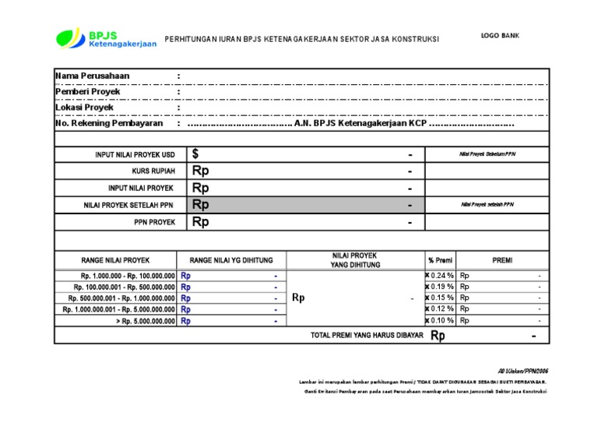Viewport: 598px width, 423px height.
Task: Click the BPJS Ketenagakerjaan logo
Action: pyautogui.click(x=106, y=37)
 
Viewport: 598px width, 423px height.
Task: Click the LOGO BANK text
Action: pyautogui.click(x=500, y=36)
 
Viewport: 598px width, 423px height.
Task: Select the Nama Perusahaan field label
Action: pyautogui.click(x=93, y=76)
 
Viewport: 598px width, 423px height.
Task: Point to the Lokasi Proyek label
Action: pyautogui.click(x=85, y=108)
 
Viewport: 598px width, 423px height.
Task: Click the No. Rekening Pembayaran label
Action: pyautogui.click(x=109, y=123)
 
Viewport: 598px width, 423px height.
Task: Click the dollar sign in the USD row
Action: pyautogui.click(x=196, y=155)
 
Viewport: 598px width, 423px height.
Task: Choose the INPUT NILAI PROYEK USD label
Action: pyautogui.click(x=135, y=155)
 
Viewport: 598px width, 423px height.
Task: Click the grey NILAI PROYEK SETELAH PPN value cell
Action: pyautogui.click(x=304, y=205)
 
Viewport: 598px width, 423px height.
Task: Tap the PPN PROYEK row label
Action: pyautogui.click(x=155, y=222)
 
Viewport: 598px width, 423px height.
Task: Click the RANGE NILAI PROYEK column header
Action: pyautogui.click(x=115, y=260)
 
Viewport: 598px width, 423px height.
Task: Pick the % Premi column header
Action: pyautogui.click(x=440, y=260)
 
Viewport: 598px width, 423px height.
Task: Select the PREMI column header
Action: pyautogui.click(x=502, y=260)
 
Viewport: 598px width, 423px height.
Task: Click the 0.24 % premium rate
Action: pyautogui.click(x=441, y=276)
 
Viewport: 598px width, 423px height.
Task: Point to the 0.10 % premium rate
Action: pyautogui.click(x=441, y=320)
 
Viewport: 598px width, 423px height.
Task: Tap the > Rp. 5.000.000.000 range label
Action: pyautogui.click(x=146, y=320)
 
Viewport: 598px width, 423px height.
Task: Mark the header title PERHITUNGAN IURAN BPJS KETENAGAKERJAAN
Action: pyautogui.click(x=302, y=39)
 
